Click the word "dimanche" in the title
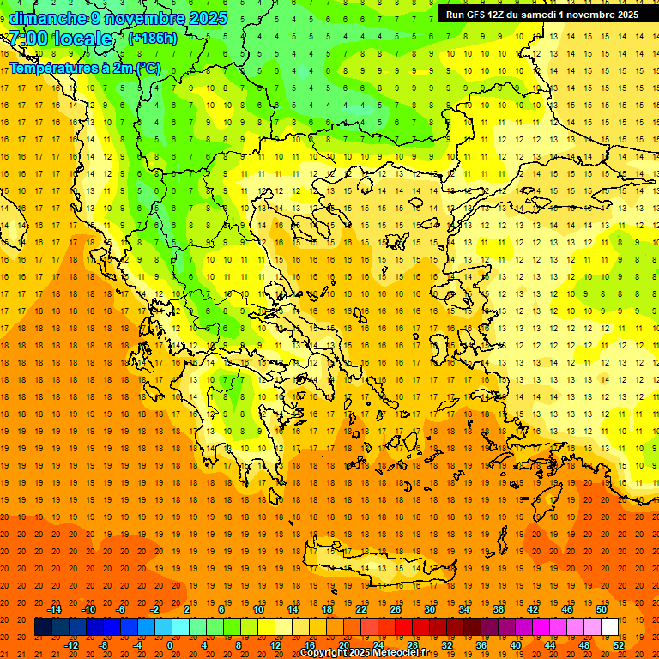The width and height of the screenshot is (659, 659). click(47, 18)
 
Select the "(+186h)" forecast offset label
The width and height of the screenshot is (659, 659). click(153, 39)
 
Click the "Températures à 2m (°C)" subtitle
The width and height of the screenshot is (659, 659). click(84, 68)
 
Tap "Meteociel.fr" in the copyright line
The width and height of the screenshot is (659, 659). click(401, 653)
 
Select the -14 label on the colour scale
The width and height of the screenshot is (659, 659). click(54, 609)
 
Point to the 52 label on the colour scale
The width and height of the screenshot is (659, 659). click(619, 645)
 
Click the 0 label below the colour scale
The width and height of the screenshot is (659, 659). click(169, 645)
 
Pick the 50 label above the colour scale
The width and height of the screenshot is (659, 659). click(602, 609)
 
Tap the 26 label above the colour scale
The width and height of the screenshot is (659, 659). click(396, 609)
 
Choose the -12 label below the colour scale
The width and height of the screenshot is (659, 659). click(71, 645)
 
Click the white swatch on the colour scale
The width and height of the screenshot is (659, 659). click(609, 627)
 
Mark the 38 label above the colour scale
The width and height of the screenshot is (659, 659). click(499, 609)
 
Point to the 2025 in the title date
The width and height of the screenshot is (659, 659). click(207, 18)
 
